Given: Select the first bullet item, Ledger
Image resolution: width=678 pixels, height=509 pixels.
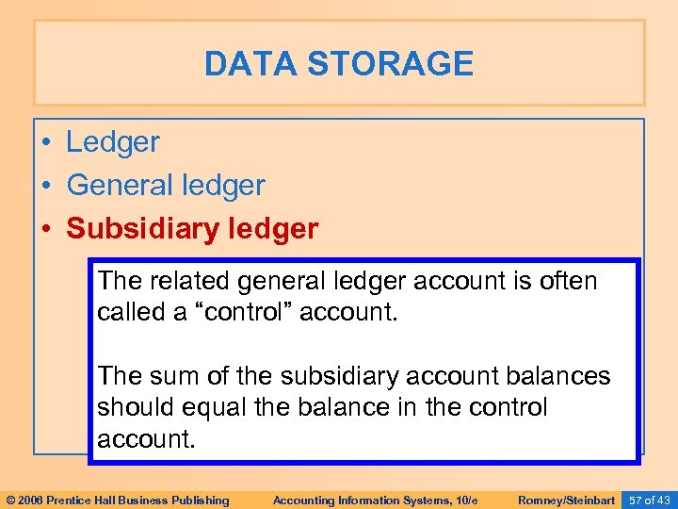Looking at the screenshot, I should click(113, 142).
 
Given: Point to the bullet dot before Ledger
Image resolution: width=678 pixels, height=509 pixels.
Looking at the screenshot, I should click(46, 143).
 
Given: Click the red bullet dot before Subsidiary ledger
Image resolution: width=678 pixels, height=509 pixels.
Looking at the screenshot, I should click(46, 230).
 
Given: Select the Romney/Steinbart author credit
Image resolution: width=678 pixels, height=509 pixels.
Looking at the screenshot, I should click(566, 500).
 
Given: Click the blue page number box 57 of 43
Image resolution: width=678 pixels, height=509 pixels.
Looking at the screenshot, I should click(649, 500).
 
